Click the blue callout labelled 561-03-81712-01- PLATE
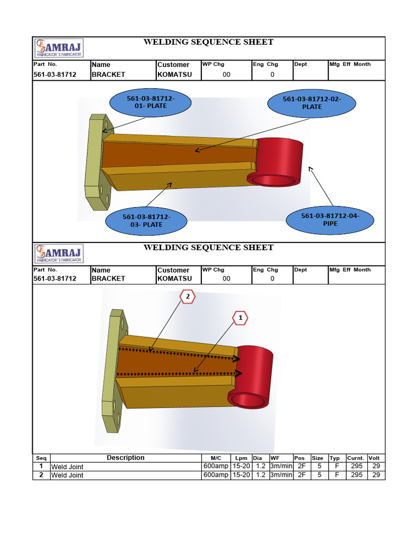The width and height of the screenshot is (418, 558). (143, 102)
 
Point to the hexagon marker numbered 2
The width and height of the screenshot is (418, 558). (187, 297)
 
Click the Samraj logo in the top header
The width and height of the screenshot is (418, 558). (59, 48)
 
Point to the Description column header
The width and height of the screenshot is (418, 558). (125, 458)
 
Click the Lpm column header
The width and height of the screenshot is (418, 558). (241, 458)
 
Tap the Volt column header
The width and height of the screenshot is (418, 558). (374, 458)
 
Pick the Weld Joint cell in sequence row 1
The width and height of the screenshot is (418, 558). (67, 467)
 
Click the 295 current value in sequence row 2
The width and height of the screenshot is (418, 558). (356, 475)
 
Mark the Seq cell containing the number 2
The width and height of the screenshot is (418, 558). (41, 475)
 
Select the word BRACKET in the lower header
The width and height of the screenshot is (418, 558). (108, 278)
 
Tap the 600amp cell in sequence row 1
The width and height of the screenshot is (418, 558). (216, 466)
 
